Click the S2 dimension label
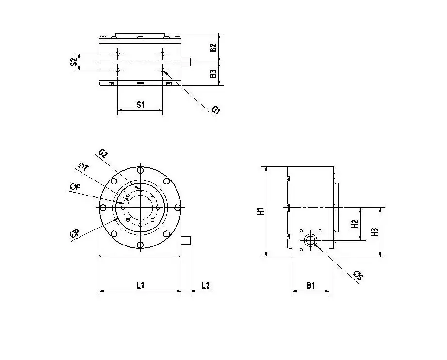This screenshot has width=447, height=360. (73, 62)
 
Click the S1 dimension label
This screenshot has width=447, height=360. (140, 104)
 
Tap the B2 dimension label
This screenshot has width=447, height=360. (212, 48)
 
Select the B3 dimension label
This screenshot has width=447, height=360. (212, 74)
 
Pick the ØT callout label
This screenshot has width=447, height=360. (83, 167)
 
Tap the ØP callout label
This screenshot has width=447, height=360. (75, 234)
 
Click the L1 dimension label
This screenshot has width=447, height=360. (140, 285)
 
